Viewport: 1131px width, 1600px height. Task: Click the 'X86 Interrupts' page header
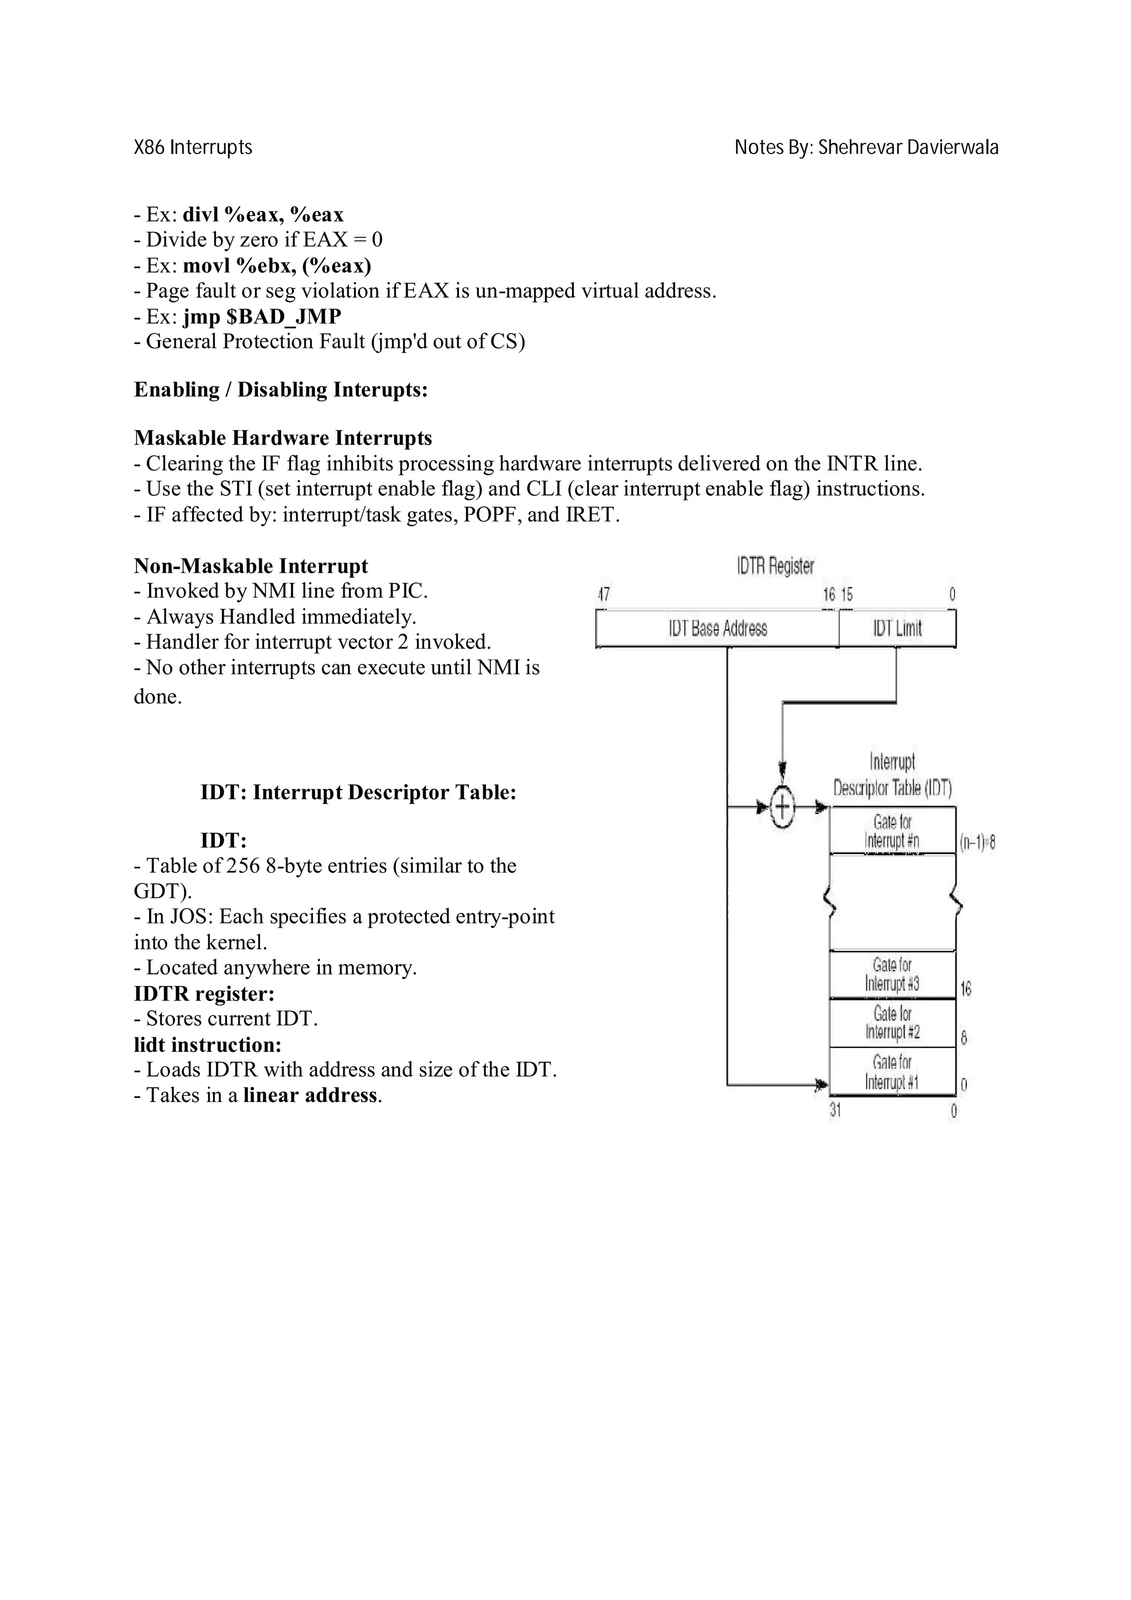coord(193,148)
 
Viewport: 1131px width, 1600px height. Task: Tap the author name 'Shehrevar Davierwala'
coord(908,148)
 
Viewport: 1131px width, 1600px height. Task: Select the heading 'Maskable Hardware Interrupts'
coord(283,438)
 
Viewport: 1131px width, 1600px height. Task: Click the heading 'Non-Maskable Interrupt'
coord(251,566)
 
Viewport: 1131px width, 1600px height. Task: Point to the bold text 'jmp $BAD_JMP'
coord(262,317)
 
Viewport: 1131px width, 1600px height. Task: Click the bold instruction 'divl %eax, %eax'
coord(263,215)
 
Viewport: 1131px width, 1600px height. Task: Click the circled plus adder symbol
coord(783,808)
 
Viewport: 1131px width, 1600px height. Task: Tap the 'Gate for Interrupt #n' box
coord(892,831)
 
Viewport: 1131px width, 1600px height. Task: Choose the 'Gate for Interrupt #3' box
coord(892,974)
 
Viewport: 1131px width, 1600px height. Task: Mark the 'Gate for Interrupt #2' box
coord(892,1023)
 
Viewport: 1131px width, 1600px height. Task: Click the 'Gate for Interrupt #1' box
coord(892,1072)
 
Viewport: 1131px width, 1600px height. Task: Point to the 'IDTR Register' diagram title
coord(775,566)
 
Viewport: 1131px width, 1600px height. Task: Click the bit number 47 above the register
coord(604,595)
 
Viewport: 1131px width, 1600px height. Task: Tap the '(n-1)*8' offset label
coord(977,843)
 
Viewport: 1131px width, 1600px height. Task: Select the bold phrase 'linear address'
coord(310,1095)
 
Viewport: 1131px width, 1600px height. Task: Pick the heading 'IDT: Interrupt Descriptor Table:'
coord(358,793)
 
